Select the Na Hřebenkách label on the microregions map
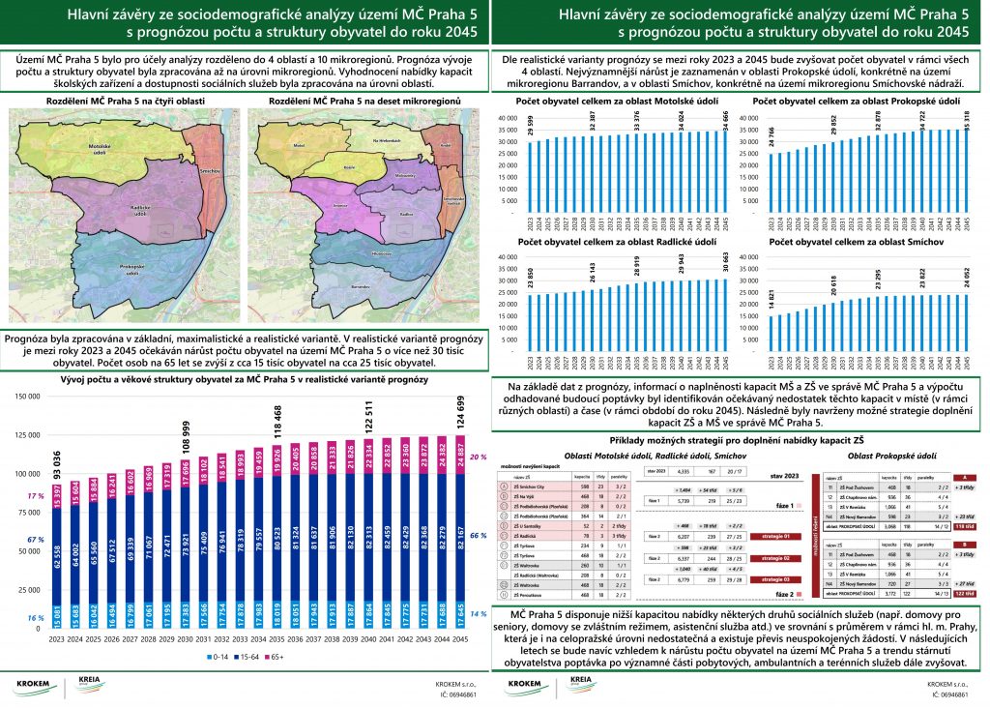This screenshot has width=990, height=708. [x=387, y=141]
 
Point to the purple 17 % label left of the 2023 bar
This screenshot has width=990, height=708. [x=37, y=496]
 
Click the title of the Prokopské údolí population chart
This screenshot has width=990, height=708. [x=856, y=101]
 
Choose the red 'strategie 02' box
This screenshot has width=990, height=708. [x=772, y=559]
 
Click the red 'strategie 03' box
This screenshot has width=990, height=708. [x=772, y=578]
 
